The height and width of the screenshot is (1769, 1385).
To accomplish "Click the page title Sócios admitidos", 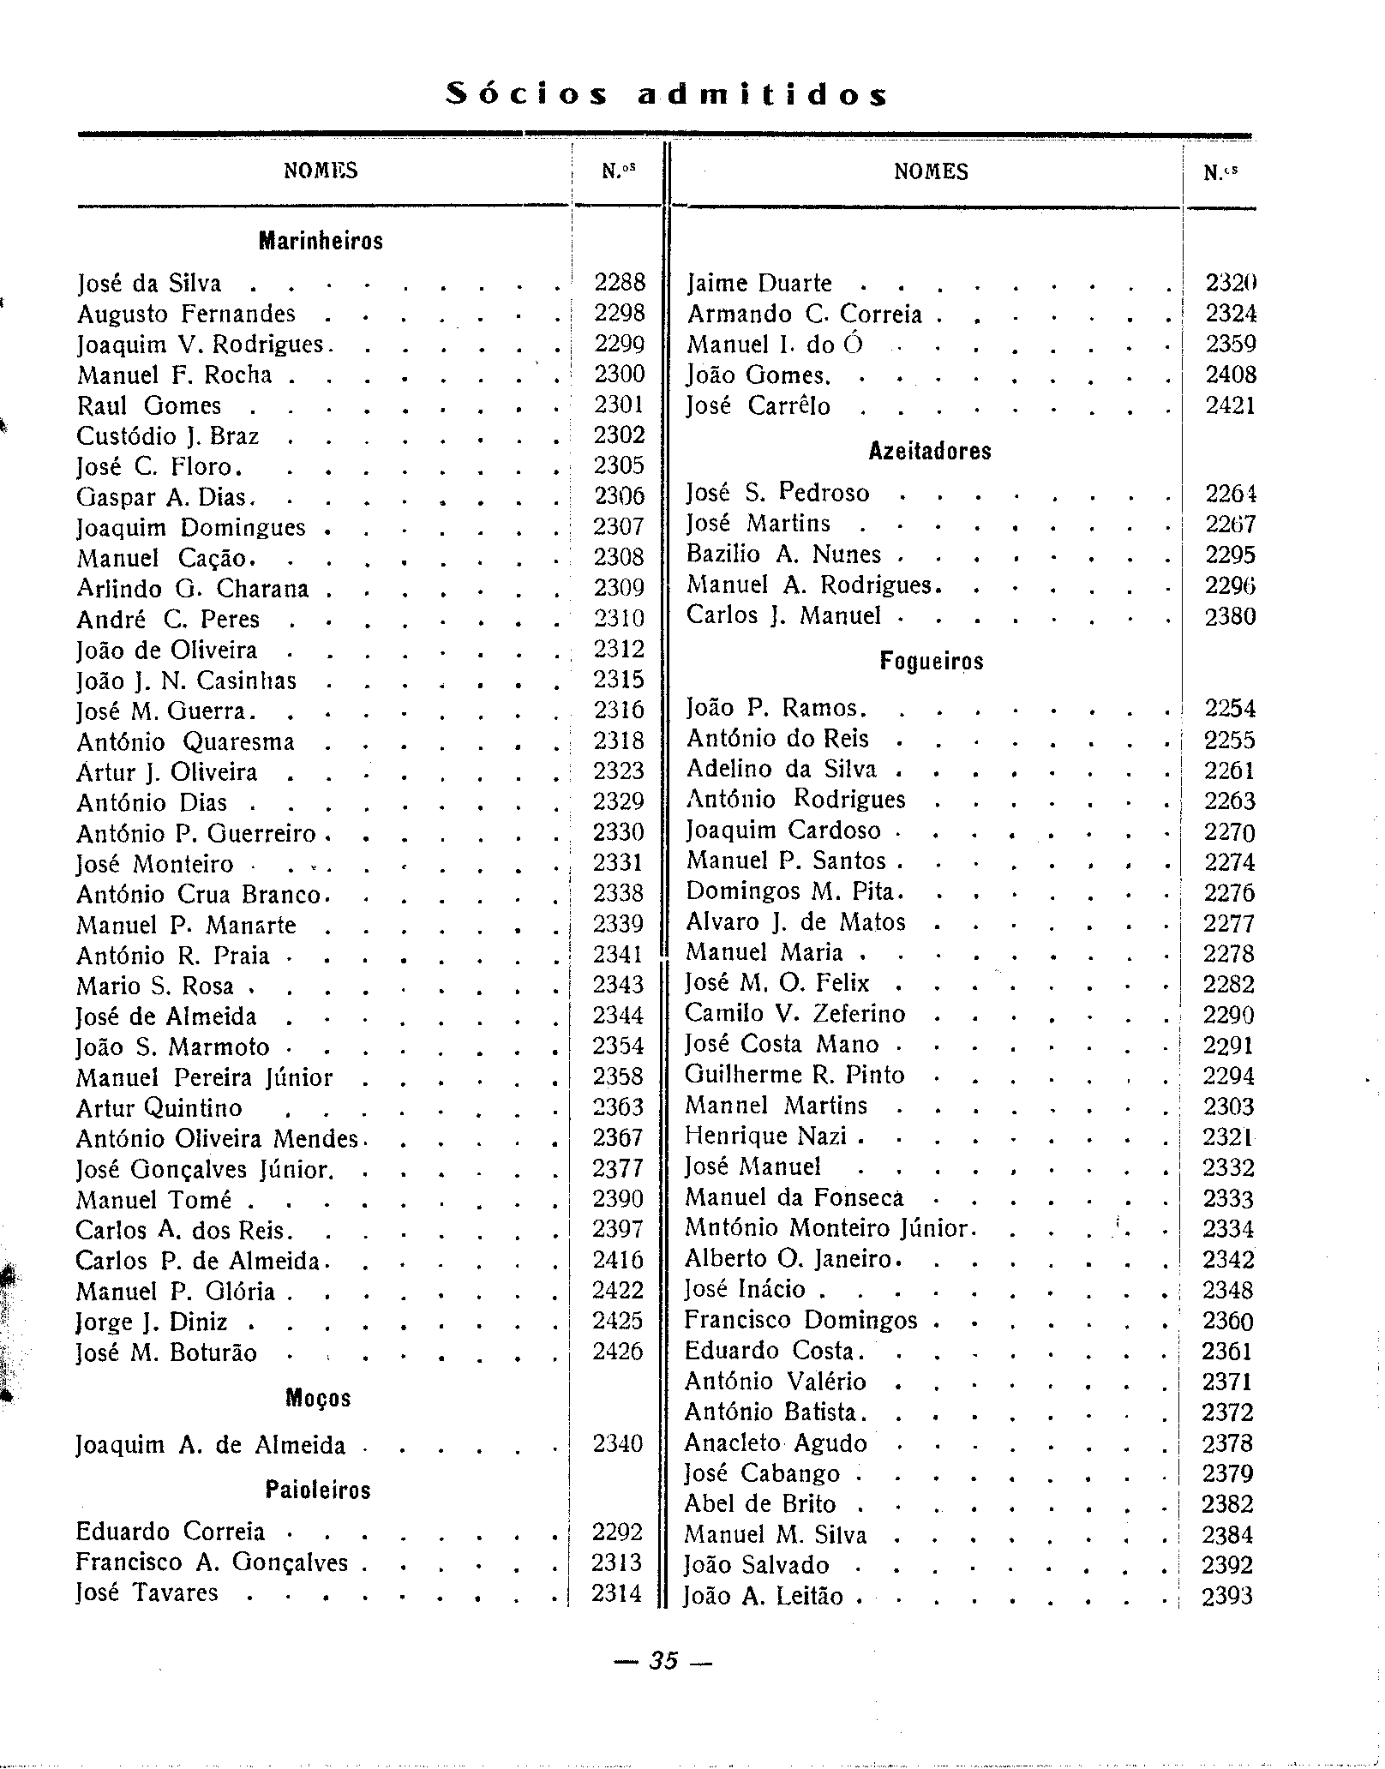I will coord(667,93).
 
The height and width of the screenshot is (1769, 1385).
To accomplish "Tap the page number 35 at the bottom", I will coord(664,1660).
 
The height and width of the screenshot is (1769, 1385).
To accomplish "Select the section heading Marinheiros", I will coord(321,242).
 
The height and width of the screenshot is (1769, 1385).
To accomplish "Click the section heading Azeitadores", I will coord(930,451).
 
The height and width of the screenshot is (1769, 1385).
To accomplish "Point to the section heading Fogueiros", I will coord(930,661).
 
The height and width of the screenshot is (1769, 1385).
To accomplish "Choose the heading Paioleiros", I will coord(318,1490).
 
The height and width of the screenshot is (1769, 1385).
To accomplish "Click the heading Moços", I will coord(318,1398).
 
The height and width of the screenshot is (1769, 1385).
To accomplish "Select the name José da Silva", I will coord(149,284).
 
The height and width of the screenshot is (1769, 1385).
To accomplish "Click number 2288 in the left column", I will coord(619,283).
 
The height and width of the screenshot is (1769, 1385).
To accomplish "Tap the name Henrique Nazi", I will coord(766,1136).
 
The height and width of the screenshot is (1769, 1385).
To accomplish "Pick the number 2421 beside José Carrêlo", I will coord(1230,405).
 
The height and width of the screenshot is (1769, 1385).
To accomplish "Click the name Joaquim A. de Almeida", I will coord(211,1445).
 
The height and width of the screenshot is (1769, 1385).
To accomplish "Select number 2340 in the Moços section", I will coord(617,1444).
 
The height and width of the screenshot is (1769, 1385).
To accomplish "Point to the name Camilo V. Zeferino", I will coord(794,1014).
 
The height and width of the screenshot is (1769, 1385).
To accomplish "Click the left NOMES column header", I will coord(321,171).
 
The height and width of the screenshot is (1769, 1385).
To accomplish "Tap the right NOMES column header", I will coord(931,172).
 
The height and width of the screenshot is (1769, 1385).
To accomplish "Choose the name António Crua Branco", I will coord(199,894).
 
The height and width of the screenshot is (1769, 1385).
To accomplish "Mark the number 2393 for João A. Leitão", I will coord(1227,1596).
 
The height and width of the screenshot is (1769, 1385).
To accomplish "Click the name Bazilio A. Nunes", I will coord(783,555).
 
